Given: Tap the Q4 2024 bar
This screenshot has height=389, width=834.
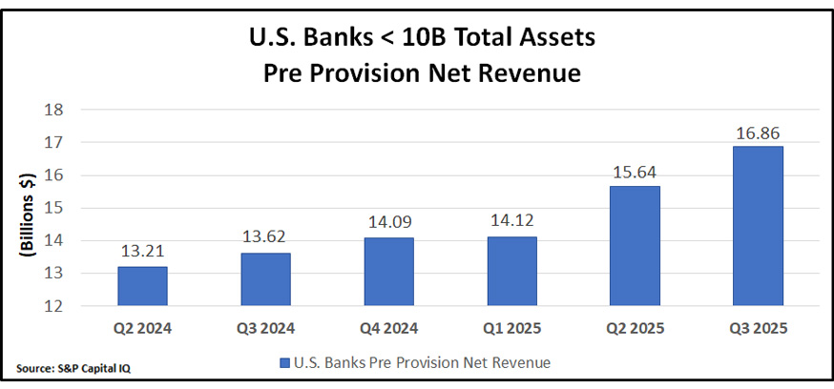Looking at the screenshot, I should (388, 272).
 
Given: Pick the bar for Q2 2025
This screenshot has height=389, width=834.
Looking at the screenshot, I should (635, 246).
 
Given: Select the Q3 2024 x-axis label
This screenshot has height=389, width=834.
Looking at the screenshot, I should (264, 329).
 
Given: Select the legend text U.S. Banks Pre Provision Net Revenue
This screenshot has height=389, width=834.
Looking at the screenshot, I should (423, 363).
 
